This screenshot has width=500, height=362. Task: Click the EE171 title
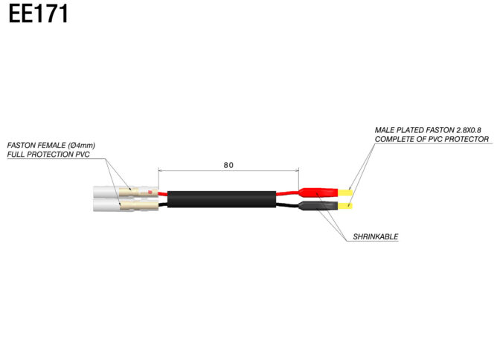pos(38,14)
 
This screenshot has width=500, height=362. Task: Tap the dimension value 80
pos(228,165)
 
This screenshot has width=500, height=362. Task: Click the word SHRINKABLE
pos(375,236)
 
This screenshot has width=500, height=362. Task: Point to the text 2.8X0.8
pos(469,130)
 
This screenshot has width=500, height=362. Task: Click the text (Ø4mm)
pos(81,145)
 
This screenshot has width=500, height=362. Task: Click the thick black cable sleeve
pos(222,199)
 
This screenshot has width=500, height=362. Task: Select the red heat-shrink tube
pos(318,193)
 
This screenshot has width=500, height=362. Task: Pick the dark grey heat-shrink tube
pos(318,206)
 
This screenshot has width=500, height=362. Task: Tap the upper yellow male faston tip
pos(345,193)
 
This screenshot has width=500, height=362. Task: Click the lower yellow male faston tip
pos(345,206)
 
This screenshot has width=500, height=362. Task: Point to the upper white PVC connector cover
pos(125,193)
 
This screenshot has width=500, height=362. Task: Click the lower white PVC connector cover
pos(125,205)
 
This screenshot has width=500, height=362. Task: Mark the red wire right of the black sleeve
pos(287,193)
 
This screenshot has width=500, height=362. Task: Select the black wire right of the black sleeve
pos(287,205)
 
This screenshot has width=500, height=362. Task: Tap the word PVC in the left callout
pos(83,154)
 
